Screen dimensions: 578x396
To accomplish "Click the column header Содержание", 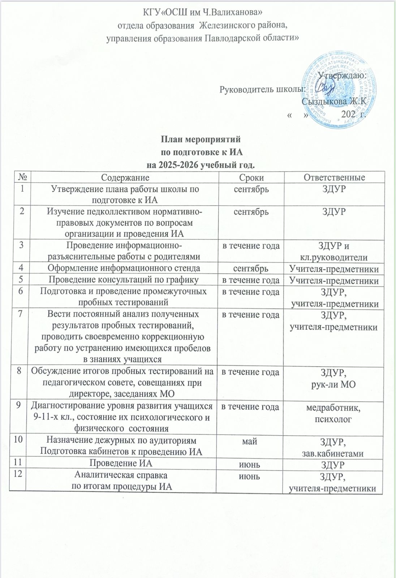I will [125, 177].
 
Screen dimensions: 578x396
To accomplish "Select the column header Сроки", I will [251, 177].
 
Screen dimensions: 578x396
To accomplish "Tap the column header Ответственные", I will [334, 177].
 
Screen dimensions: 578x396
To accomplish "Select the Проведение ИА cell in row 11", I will [125, 464].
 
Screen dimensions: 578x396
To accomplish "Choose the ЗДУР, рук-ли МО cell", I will [333, 378].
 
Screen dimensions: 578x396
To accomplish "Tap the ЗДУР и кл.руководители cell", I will [333, 252].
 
